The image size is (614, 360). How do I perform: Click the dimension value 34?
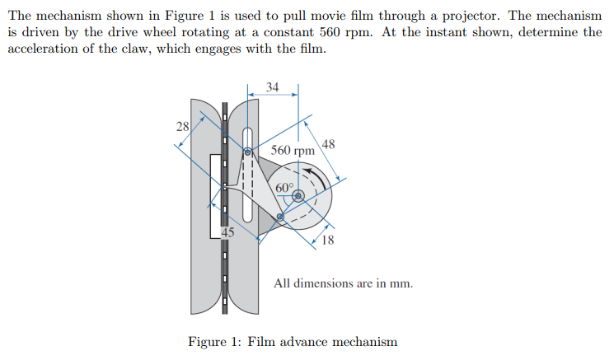pos(273,87)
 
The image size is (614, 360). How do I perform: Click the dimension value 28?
pos(183,126)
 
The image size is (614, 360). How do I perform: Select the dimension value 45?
pos(225,232)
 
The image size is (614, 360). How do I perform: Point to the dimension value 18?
pos(327,241)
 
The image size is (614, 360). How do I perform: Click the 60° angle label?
pos(284,188)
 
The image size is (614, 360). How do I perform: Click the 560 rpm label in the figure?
pos(293,151)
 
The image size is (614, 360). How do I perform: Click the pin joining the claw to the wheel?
pos(280,217)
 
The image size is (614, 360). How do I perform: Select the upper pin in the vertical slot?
pos(247,152)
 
